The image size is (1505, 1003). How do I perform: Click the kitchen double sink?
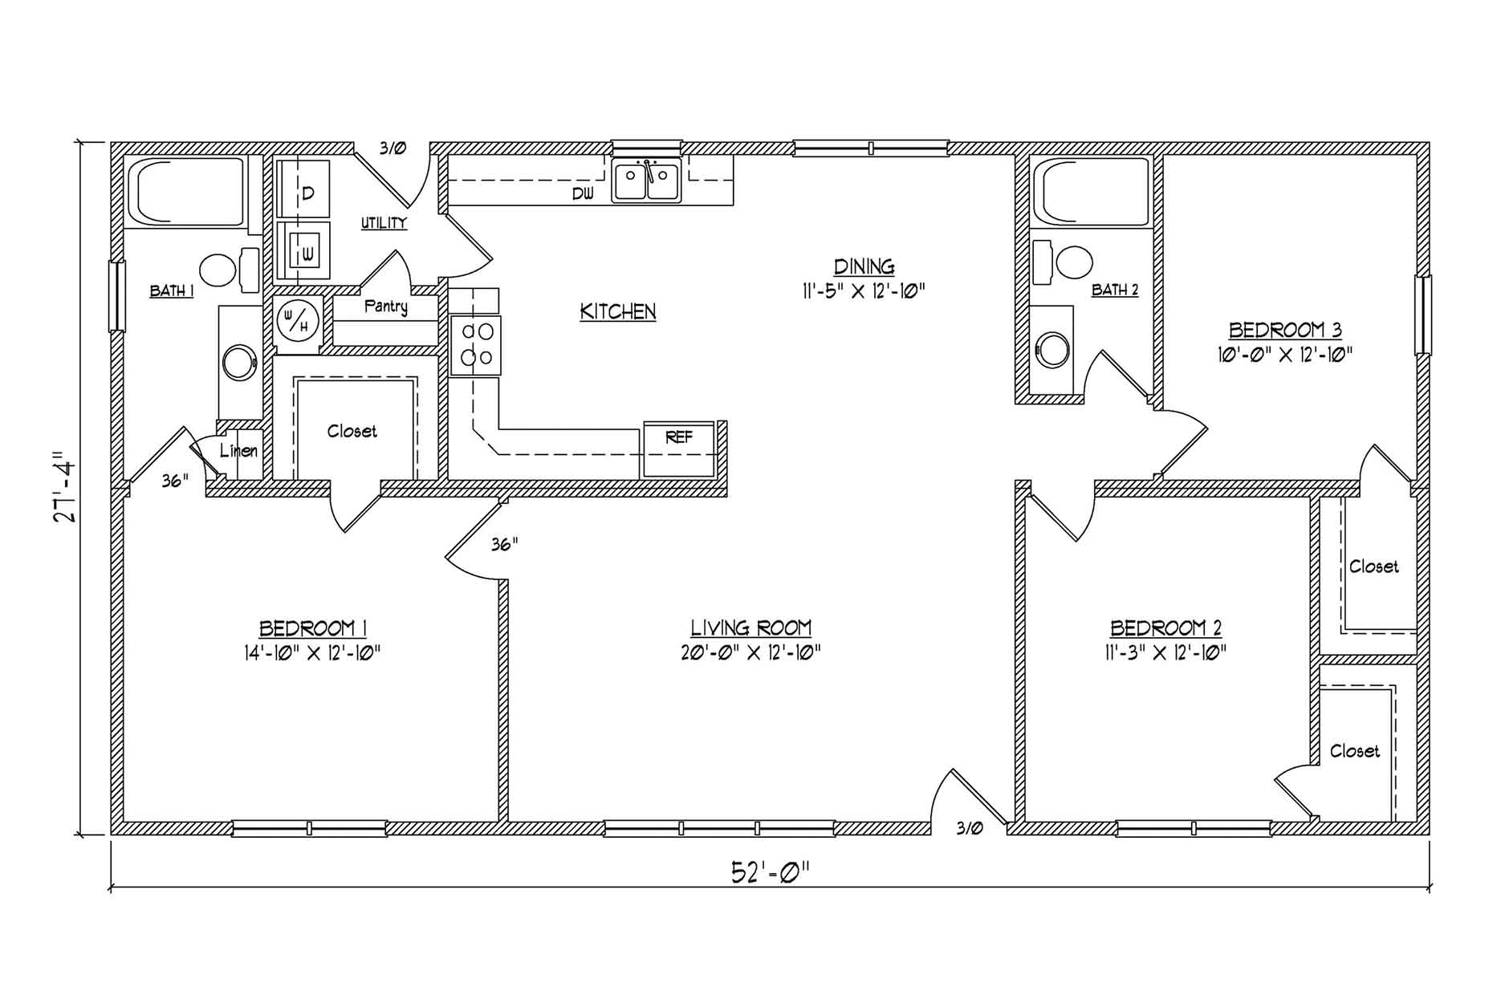click(x=646, y=180)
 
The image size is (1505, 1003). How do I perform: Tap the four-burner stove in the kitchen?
click(x=475, y=345)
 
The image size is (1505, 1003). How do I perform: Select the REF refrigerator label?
click(x=679, y=437)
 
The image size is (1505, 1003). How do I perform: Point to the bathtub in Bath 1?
click(x=186, y=192)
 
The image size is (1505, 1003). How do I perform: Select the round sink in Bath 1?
click(x=239, y=362)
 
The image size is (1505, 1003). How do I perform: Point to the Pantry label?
click(x=386, y=307)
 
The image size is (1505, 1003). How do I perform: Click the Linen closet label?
click(x=238, y=450)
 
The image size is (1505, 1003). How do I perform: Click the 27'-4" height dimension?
click(x=64, y=491)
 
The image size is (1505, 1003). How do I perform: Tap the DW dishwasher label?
click(x=583, y=193)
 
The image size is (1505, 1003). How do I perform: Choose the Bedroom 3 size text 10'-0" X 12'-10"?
click(x=1285, y=354)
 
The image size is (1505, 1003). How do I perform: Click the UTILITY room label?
click(x=384, y=223)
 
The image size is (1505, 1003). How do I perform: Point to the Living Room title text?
click(x=751, y=627)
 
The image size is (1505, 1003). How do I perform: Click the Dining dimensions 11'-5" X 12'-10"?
click(x=864, y=290)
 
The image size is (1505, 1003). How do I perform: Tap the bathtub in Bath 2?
click(x=1092, y=192)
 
